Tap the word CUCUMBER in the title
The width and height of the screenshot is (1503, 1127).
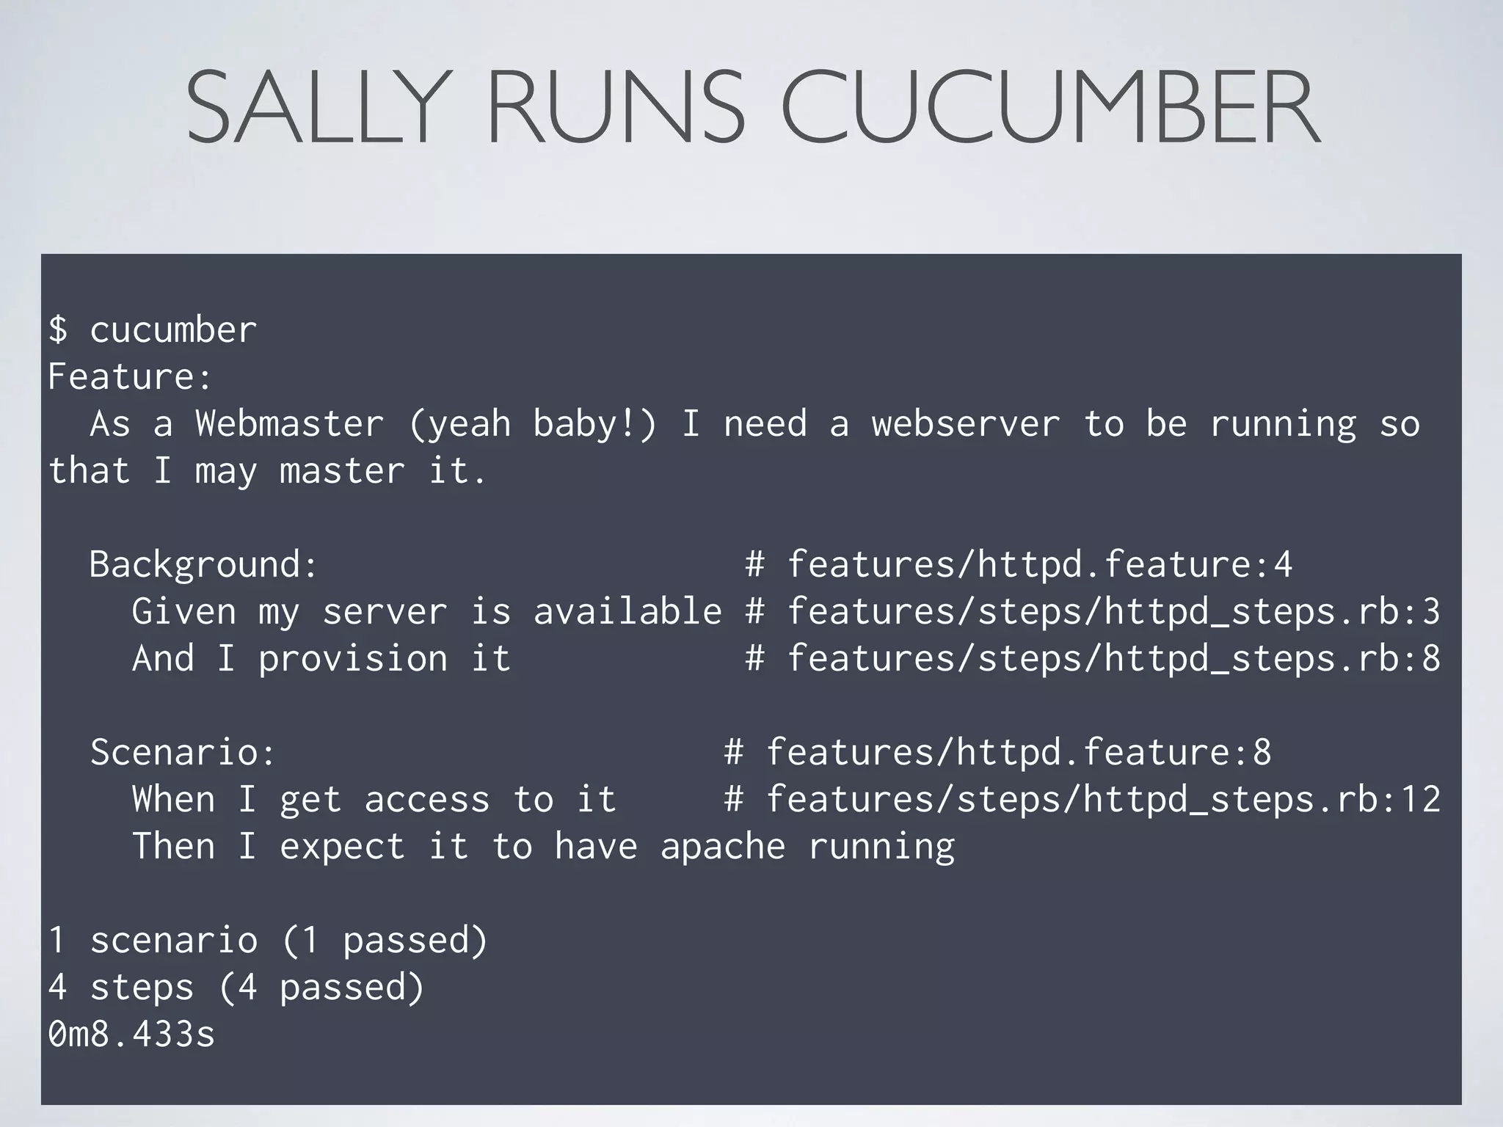1050,108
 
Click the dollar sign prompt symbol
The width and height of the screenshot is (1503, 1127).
58,329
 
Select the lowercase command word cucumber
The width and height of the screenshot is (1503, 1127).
173,329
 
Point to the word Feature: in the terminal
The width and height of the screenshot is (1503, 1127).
130,376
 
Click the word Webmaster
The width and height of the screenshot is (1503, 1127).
289,423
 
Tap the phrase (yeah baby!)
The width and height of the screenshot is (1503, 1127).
533,423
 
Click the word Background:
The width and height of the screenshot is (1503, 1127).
204,564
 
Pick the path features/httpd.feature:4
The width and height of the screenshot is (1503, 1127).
1039,564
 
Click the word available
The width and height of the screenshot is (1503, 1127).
627,611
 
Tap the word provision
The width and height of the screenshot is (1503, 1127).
352,658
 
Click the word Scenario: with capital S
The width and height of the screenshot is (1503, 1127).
183,752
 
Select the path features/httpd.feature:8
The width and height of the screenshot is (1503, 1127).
1019,752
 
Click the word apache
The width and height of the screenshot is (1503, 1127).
723,846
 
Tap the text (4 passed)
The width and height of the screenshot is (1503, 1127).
321,987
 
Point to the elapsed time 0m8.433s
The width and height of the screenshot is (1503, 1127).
131,1034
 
